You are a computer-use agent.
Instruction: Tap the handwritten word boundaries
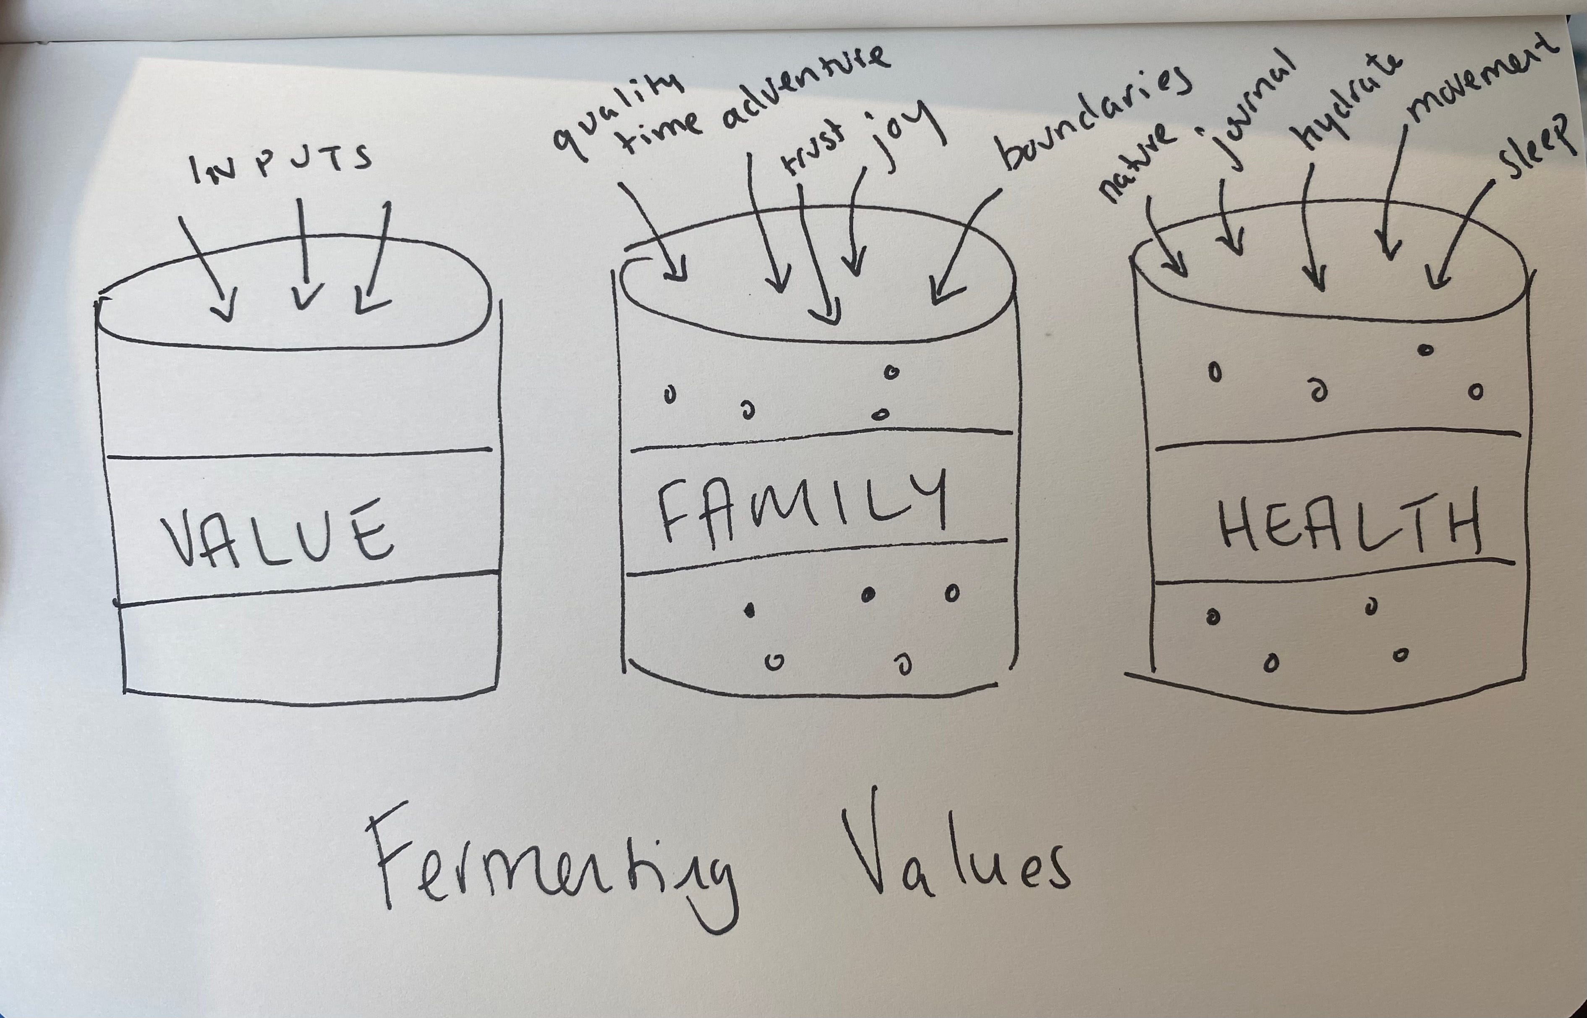(1094, 122)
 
